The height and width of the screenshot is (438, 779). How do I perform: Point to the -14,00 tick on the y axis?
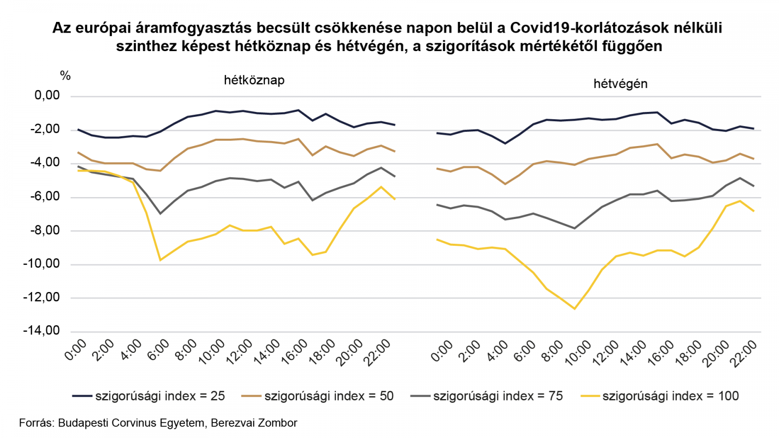42,331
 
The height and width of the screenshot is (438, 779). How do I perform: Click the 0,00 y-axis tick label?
47,96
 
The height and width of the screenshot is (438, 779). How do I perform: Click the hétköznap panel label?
254,80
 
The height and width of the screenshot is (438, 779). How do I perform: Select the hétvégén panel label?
620,84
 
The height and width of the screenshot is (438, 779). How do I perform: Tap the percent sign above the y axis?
65,76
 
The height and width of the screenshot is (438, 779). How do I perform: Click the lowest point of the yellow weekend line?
575,309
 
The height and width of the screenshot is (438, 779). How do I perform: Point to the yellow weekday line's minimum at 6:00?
160,260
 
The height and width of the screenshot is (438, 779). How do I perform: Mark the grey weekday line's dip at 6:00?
160,214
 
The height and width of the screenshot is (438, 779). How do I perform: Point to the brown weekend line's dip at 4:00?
505,184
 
